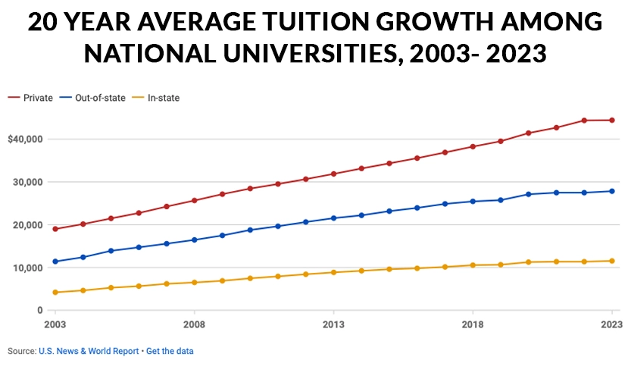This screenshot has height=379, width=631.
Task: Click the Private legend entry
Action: click(30, 98)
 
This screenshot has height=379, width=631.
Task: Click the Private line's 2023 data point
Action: click(612, 120)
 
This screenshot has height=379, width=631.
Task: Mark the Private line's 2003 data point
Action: click(55, 229)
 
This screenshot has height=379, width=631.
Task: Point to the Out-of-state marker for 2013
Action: click(333, 218)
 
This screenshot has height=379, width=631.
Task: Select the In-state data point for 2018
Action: click(473, 265)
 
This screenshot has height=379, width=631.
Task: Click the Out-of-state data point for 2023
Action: click(612, 191)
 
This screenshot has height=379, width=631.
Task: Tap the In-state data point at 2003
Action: click(55, 293)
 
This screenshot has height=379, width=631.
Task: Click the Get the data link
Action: click(170, 351)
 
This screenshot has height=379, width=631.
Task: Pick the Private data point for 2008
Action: click(195, 200)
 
